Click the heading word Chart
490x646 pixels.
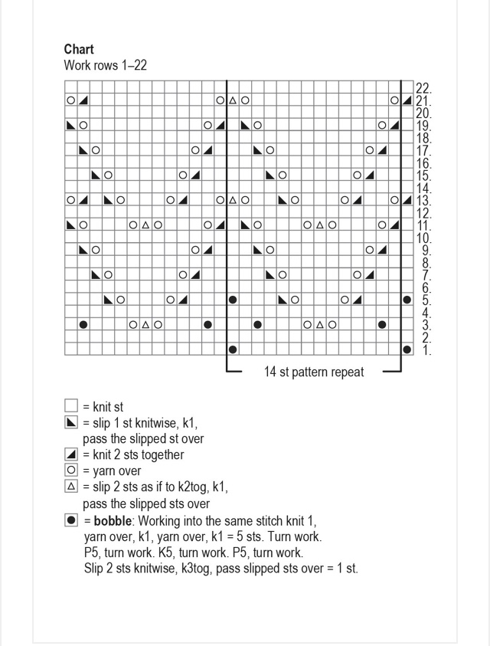[79, 50]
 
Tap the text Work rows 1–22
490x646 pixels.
[105, 66]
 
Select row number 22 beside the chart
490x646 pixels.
[423, 88]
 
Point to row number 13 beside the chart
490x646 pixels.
[423, 201]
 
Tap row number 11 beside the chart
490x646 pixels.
[423, 226]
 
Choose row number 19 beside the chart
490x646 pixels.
[423, 126]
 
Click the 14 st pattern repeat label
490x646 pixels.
[314, 372]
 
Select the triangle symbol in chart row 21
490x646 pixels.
[233, 100]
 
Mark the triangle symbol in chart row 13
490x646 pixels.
[233, 201]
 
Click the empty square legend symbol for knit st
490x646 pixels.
[71, 407]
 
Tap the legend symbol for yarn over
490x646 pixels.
[71, 471]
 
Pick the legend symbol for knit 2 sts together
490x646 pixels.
[71, 454]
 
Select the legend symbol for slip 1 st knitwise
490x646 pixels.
[71, 423]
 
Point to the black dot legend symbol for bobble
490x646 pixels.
[71, 520]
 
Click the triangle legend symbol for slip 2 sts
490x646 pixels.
[71, 487]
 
